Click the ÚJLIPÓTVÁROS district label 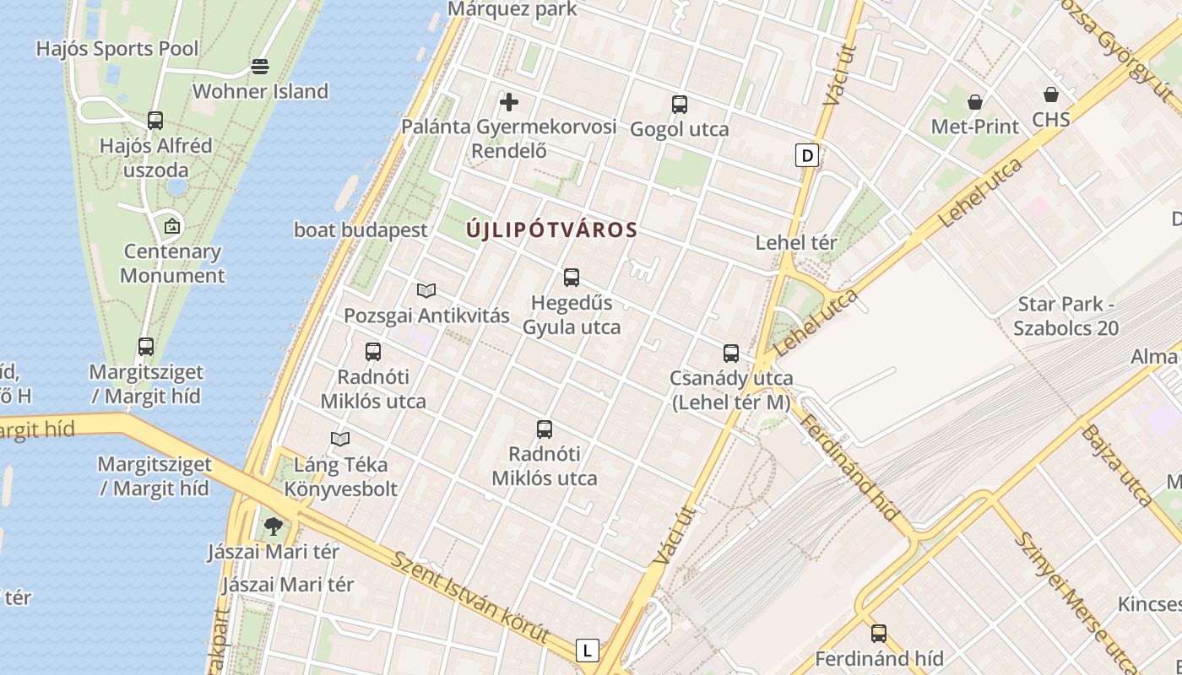(x=551, y=229)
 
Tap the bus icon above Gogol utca (x=680, y=105)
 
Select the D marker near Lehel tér (x=808, y=155)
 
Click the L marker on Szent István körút (x=587, y=651)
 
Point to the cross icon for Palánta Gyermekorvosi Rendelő (x=509, y=103)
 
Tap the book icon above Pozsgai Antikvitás (x=426, y=291)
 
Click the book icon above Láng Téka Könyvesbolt (x=340, y=440)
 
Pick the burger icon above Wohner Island (x=260, y=67)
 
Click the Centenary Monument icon (x=172, y=226)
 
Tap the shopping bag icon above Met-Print (x=975, y=102)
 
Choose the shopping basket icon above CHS (x=1051, y=94)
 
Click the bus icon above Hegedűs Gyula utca (x=572, y=277)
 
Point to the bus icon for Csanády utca (x=731, y=353)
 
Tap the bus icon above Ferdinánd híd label (x=879, y=633)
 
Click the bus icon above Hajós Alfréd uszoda (x=155, y=120)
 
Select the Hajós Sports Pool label (x=117, y=49)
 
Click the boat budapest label (x=361, y=229)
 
